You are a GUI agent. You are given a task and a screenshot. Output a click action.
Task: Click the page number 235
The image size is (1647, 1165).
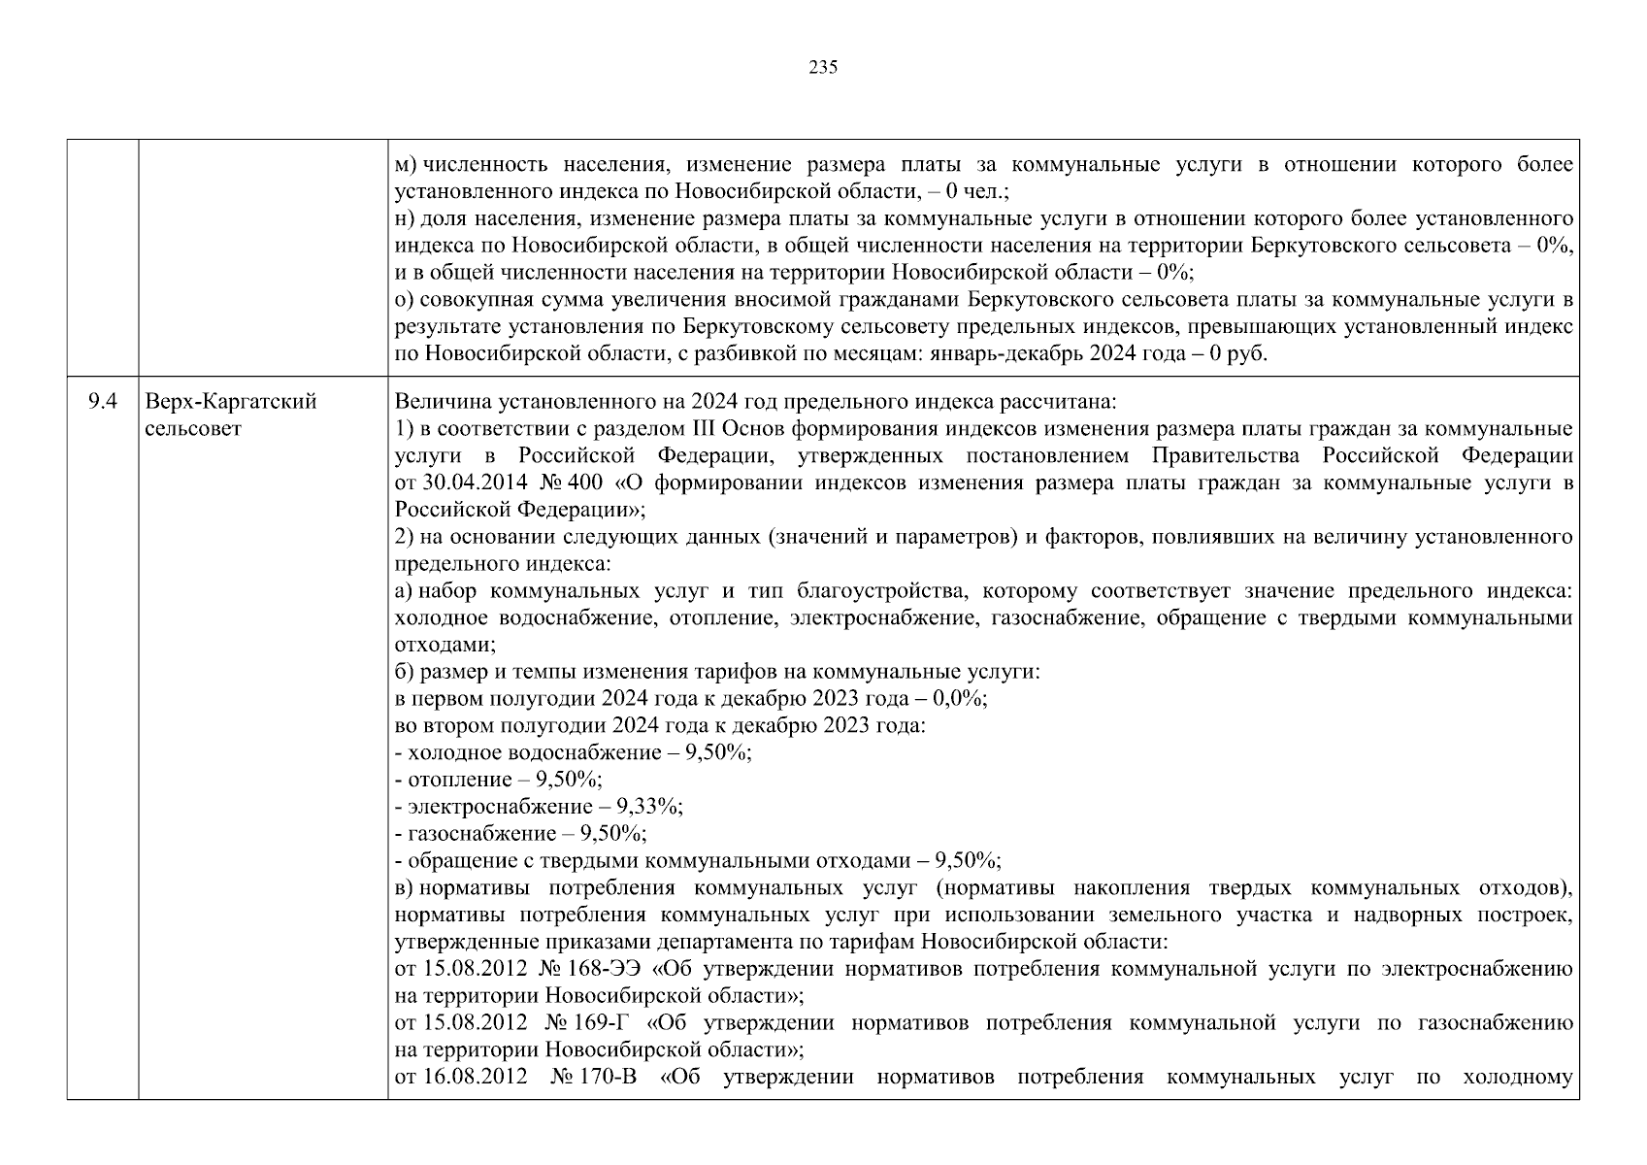click(822, 68)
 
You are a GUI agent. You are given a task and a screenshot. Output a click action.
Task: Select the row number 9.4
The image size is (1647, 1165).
click(102, 402)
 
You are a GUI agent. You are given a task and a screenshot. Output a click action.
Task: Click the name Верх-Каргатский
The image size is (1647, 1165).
click(231, 402)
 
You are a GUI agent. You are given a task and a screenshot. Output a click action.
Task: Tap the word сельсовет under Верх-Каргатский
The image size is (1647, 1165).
click(193, 428)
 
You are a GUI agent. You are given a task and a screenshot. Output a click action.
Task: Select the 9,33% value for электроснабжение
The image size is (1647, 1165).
click(655, 807)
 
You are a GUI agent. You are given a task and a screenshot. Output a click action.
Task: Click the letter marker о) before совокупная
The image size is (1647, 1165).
click(406, 300)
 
